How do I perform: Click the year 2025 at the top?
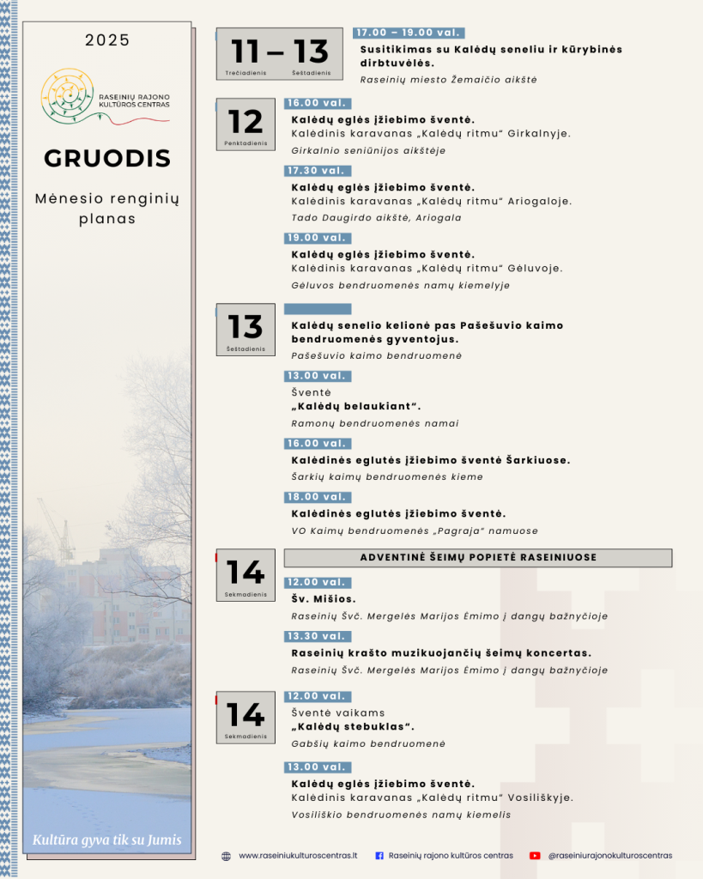107,40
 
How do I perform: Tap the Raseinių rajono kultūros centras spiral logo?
68,94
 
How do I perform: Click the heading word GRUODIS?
107,159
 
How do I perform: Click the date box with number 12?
245,124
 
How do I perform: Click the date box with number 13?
245,329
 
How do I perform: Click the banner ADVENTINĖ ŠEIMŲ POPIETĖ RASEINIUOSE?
478,557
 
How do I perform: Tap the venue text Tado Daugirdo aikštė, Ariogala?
376,218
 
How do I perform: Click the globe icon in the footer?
226,856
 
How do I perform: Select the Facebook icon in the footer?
379,856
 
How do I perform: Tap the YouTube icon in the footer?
535,856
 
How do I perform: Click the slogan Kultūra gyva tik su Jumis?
107,840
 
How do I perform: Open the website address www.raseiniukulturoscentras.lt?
298,856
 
